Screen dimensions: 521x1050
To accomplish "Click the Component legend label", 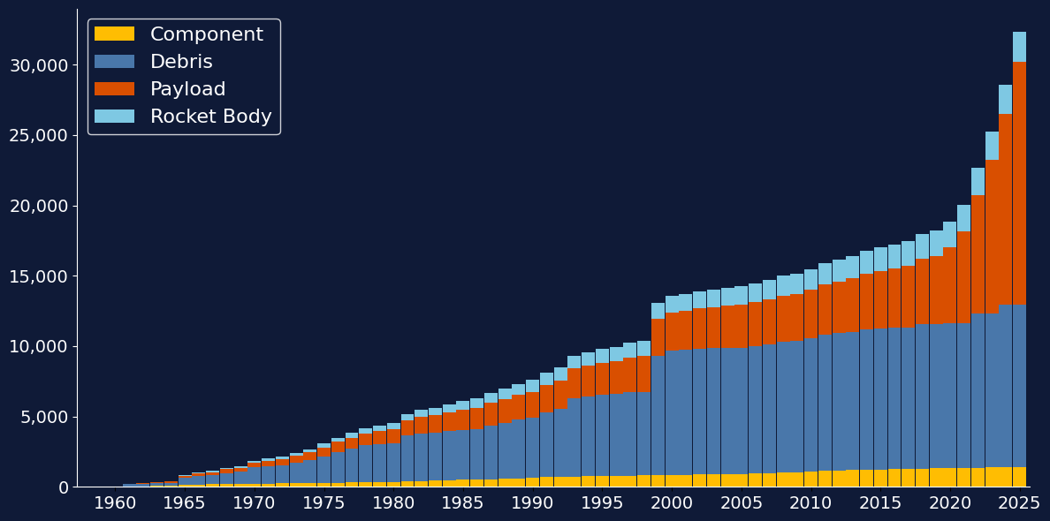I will coord(206,34).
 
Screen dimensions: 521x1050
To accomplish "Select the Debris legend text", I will coord(181,62).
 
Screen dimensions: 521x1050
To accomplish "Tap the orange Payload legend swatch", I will coord(114,89).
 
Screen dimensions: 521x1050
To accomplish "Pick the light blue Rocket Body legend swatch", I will coord(114,117).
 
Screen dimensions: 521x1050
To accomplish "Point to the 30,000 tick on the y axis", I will coord(38,65).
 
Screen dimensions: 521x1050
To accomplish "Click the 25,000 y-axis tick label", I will coord(38,135).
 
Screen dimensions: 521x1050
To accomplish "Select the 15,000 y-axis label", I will coord(38,276).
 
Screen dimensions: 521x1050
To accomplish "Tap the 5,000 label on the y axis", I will coord(42,417).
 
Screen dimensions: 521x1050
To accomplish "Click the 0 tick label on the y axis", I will coord(62,487).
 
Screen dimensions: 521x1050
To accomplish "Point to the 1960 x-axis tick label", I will coord(115,503).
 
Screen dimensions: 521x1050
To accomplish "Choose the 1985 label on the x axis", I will coord(463,503).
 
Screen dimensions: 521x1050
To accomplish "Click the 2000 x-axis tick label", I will coord(672,503).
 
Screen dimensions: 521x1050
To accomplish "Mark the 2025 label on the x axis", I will coord(1019,503).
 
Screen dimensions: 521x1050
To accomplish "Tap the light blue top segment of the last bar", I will coord(1019,47).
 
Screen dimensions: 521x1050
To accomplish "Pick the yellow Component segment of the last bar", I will coord(1019,477).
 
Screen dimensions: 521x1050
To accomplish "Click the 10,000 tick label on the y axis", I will coord(38,346).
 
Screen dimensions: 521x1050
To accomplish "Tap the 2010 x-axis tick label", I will coord(810,503).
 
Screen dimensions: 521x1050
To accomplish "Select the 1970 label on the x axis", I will coord(255,503).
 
